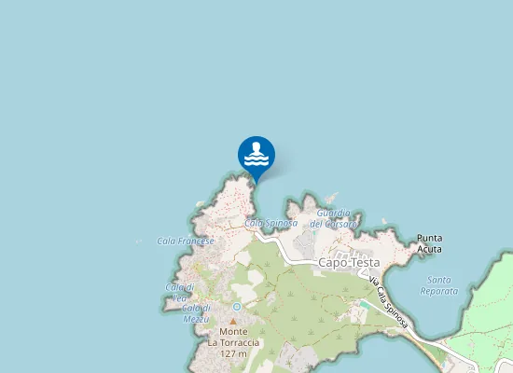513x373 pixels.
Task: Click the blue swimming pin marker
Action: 256,156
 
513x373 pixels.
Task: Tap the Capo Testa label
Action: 346,263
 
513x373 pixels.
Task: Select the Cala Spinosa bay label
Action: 270,224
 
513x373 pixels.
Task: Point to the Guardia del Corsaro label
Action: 333,219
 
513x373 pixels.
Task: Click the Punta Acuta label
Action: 429,243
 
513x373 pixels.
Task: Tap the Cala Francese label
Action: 186,241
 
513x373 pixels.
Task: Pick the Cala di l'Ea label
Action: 179,291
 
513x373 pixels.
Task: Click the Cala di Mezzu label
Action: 196,313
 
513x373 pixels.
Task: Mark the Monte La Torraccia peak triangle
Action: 233,321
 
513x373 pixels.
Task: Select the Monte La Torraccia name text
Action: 234,337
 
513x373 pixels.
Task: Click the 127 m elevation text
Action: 234,353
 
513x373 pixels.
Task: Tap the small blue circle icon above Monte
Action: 237,306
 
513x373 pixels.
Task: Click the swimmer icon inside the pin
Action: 256,153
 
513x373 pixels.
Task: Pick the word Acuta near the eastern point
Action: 429,249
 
